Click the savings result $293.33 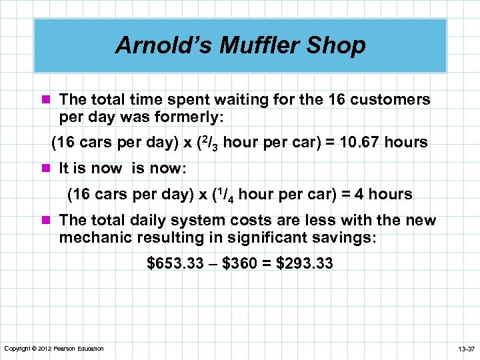307,264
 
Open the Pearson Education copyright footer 54,349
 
